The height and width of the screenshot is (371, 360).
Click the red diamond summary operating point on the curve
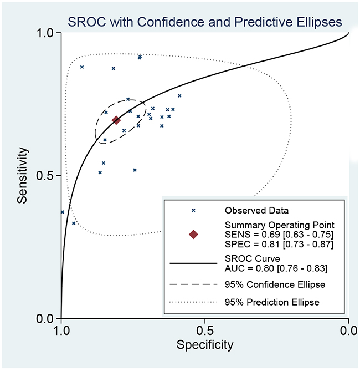coord(116,120)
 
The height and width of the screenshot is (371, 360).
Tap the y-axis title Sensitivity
coord(23,175)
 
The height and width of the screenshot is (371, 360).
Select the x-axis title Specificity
coord(204,345)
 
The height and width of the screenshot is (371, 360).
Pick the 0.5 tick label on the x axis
coord(205,331)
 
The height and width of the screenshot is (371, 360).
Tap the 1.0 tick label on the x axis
coord(61,331)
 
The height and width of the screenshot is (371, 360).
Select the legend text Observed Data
coord(257,210)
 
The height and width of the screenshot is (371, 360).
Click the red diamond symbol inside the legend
coord(193,235)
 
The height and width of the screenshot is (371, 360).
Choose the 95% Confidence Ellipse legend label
coord(275,285)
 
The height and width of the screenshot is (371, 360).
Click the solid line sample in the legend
coord(193,264)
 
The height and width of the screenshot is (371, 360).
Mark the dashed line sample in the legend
coord(193,285)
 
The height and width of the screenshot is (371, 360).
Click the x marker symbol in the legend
coord(193,210)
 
